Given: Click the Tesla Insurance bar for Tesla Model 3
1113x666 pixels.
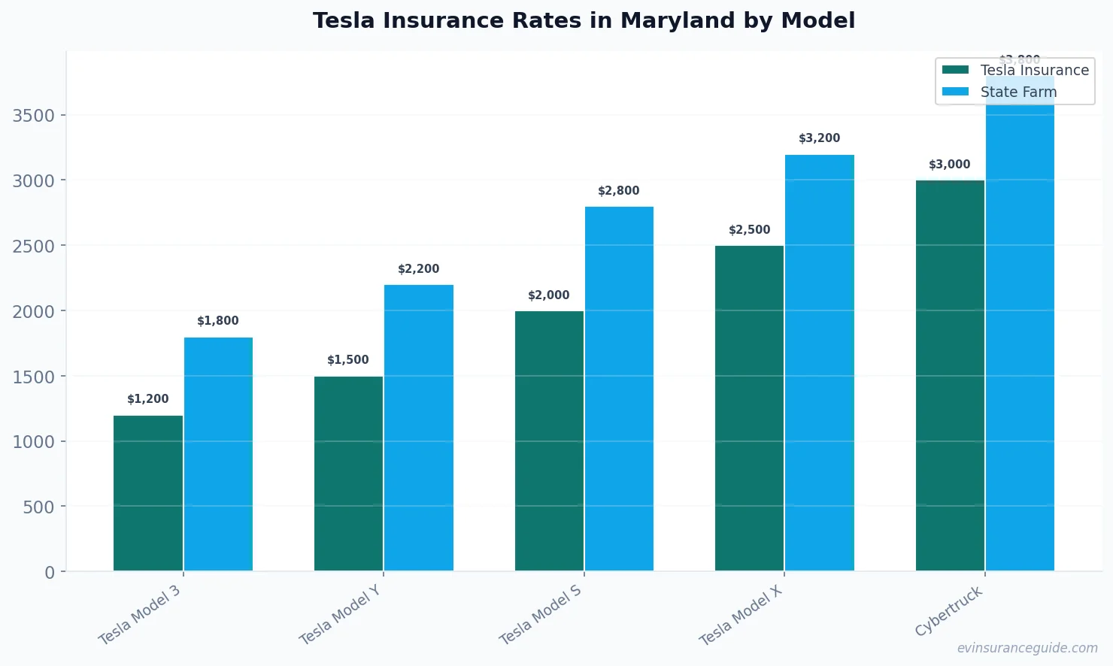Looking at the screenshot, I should [148, 493].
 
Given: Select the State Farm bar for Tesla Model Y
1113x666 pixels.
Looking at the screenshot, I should [419, 428].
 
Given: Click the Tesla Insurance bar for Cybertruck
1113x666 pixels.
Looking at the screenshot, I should [950, 375].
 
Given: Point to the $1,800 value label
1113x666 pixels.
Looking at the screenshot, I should [218, 321].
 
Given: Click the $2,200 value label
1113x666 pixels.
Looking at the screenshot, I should [419, 269].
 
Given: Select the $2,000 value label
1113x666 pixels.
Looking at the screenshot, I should [549, 295].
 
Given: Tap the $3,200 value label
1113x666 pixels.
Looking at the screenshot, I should [820, 138].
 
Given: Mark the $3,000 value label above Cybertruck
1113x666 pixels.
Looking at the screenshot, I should [950, 165].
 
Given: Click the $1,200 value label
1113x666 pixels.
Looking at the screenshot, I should [148, 399].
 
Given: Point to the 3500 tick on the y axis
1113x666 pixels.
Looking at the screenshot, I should [34, 116].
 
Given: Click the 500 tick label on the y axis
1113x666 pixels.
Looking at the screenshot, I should [38, 507].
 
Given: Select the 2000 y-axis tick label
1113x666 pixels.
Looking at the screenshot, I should [34, 311].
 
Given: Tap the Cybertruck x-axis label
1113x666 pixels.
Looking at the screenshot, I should [948, 611].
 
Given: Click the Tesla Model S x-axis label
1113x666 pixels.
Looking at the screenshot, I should [540, 615].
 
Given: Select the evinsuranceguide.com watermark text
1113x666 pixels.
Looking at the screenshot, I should [1027, 648].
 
